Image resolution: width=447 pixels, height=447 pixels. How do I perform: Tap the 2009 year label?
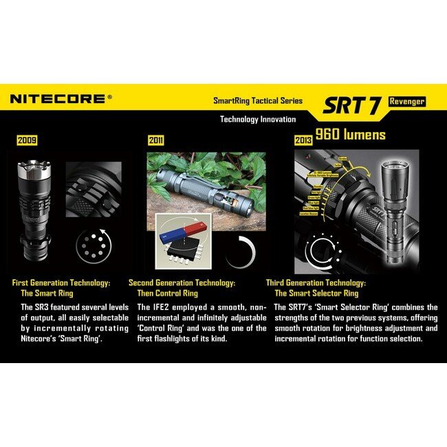coord(27,140)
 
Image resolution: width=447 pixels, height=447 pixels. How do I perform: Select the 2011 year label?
coord(156,140)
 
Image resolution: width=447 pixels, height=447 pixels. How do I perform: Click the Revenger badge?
coord(407,101)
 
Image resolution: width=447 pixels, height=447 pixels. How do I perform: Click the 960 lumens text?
coord(351,134)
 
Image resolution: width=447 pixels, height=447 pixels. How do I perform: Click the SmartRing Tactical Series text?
coord(258,101)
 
